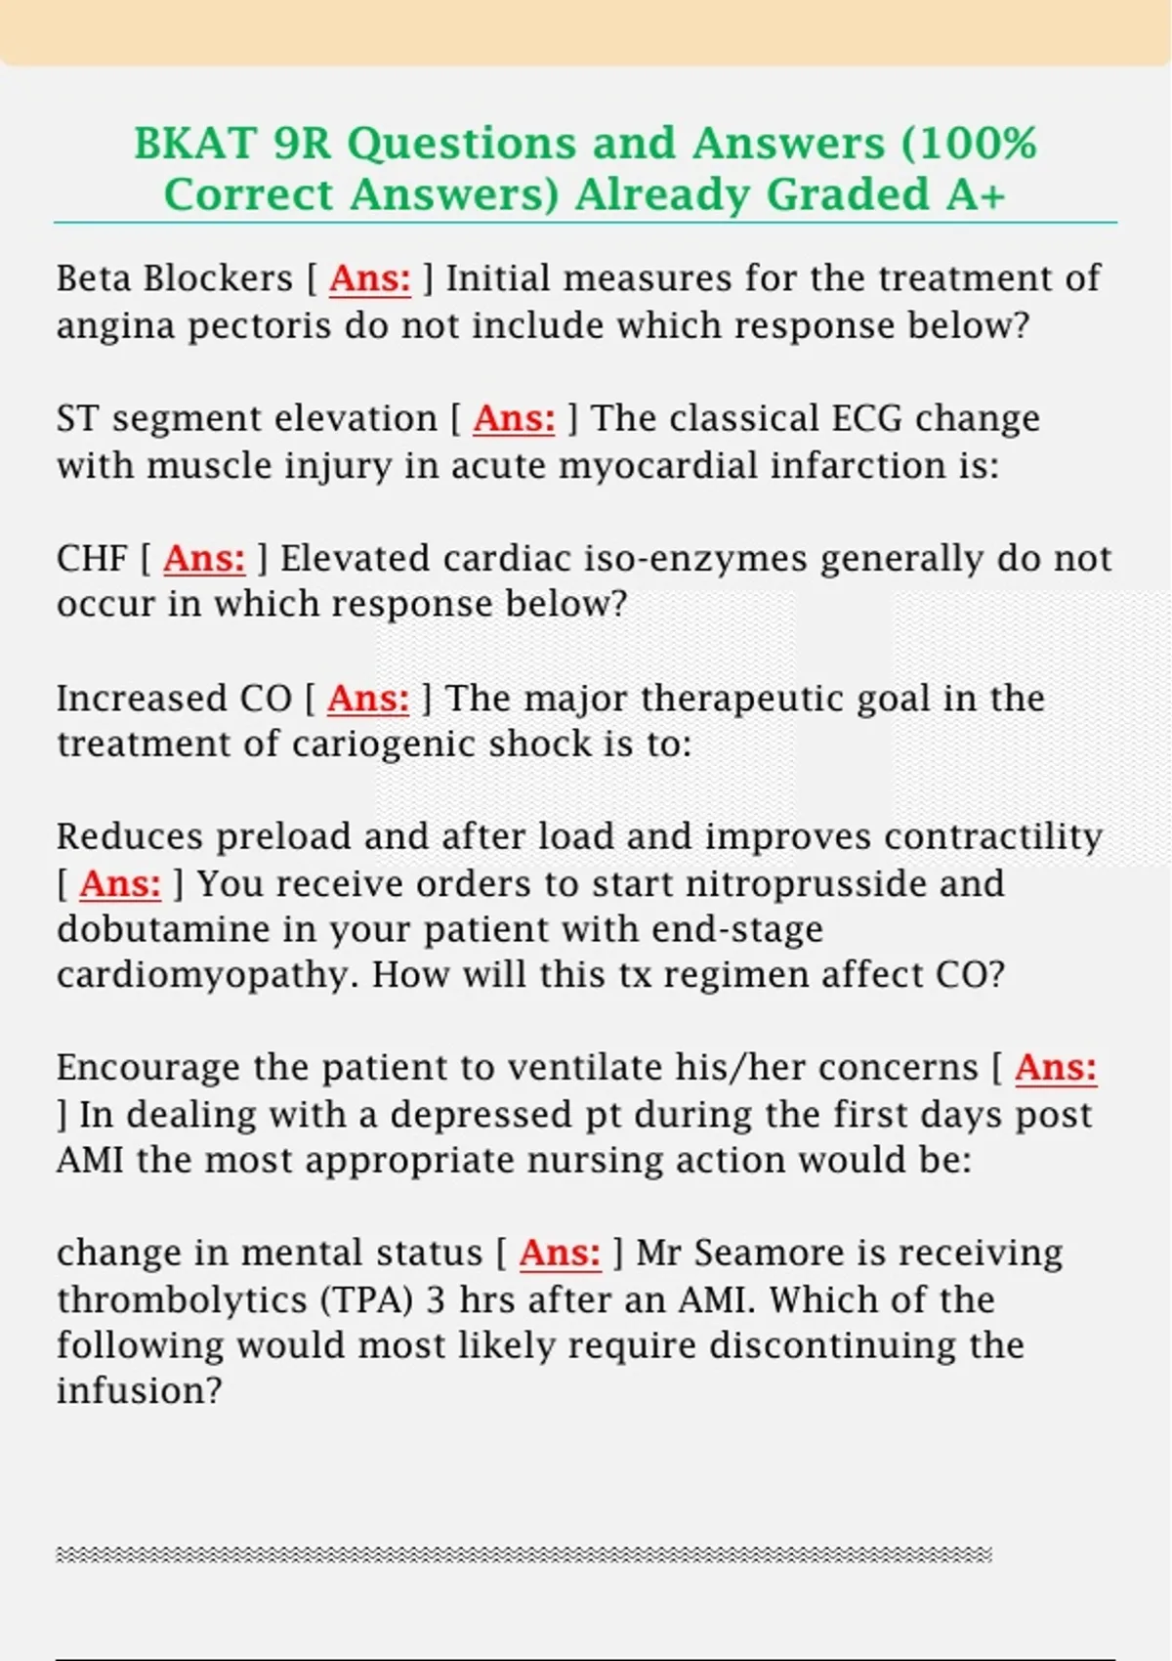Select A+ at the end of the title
click(976, 194)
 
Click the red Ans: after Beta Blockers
click(370, 278)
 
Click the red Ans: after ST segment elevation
click(514, 418)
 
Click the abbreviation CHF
click(92, 559)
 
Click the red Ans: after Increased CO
click(368, 699)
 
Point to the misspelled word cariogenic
click(384, 745)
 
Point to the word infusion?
click(140, 1390)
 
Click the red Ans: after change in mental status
click(560, 1253)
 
